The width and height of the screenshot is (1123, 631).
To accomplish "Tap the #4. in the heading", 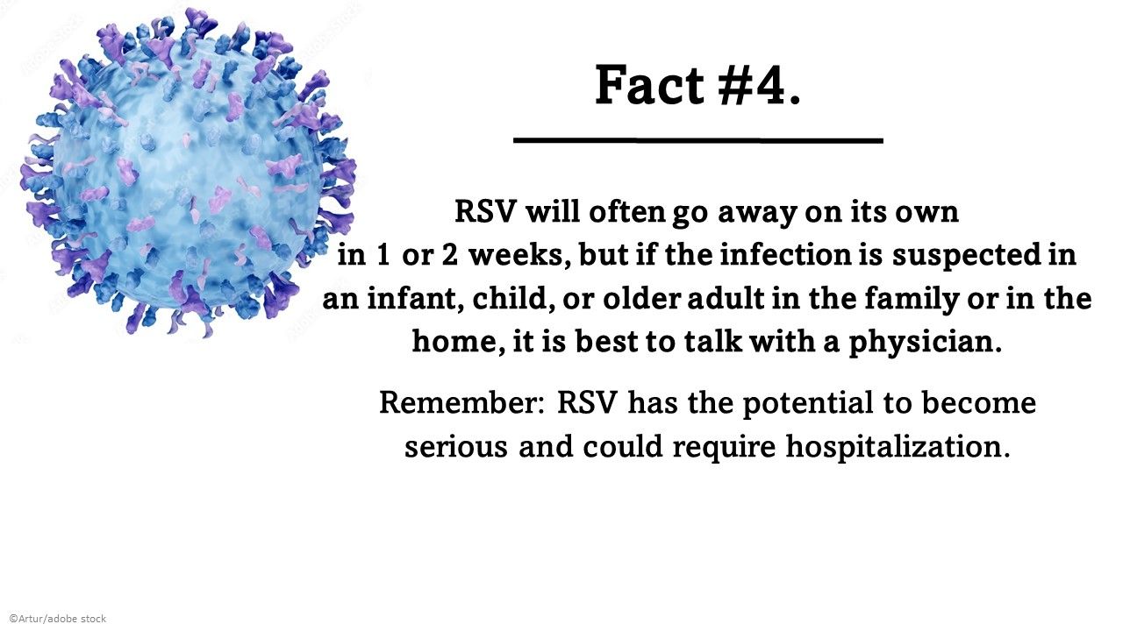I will [x=757, y=86].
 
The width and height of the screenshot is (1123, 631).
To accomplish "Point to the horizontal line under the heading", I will [x=697, y=139].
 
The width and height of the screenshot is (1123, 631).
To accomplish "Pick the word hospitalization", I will [x=898, y=447].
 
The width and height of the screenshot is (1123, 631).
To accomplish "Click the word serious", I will [x=456, y=447].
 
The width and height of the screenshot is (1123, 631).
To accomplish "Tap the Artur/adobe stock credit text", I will [x=57, y=619].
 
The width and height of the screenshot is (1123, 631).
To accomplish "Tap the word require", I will [x=725, y=447].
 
